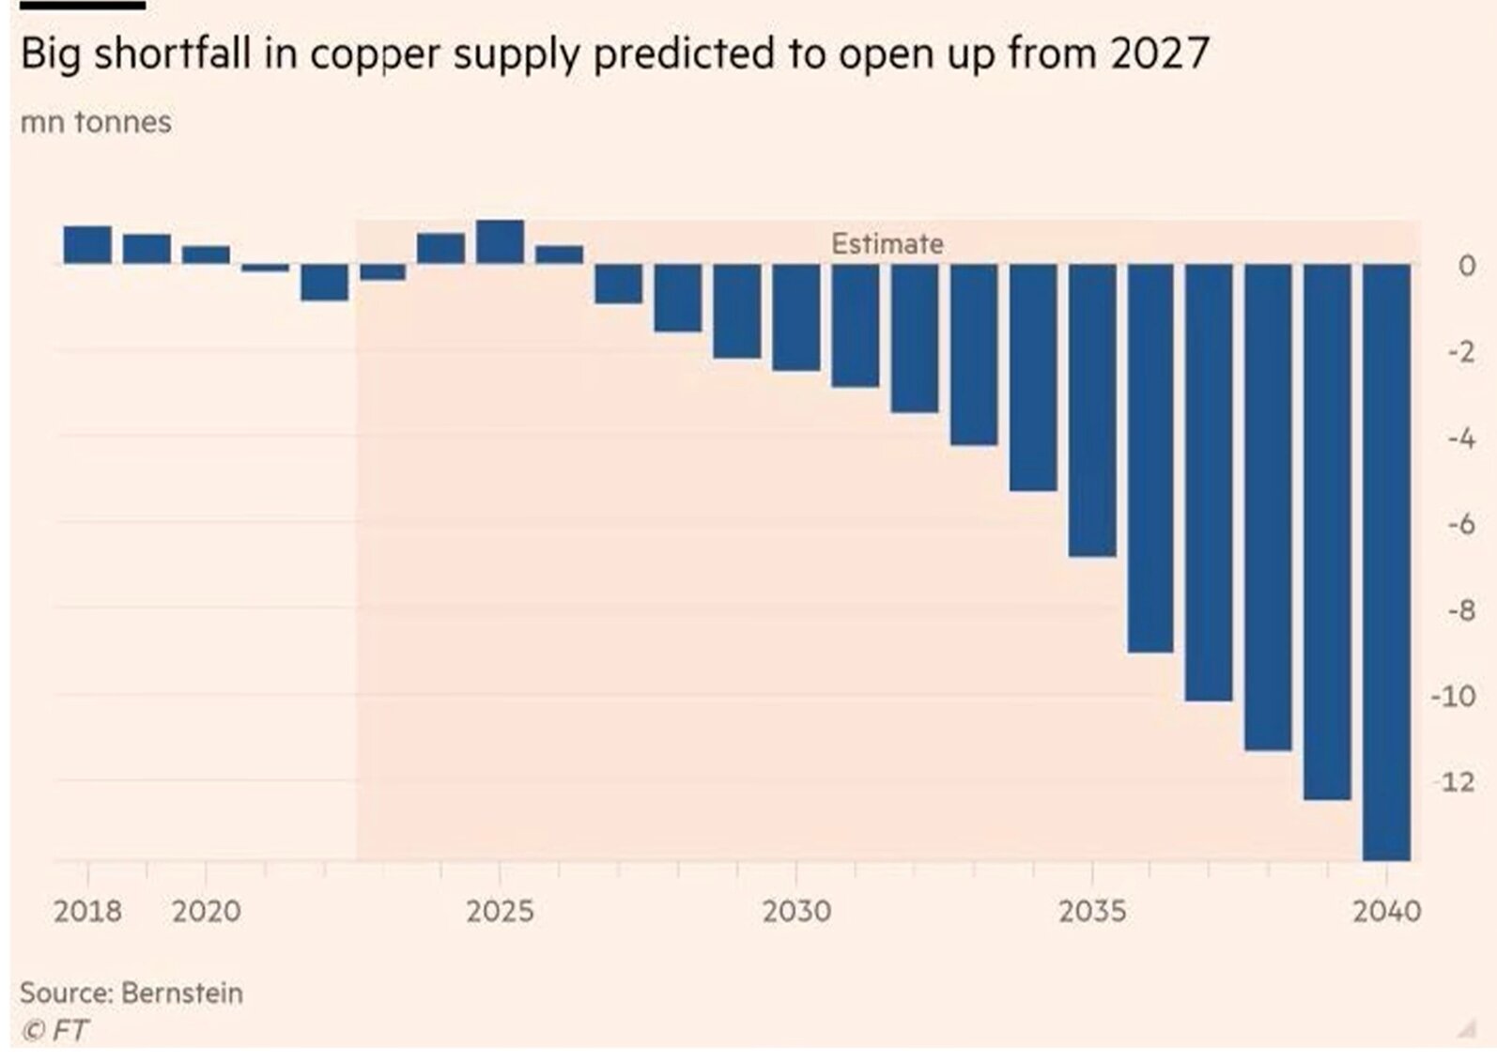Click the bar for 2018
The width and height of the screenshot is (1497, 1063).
pos(87,245)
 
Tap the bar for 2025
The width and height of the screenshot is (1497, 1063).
pos(500,242)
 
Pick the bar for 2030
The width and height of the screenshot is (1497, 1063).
pos(796,317)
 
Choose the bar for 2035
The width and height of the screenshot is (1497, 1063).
pos(1092,410)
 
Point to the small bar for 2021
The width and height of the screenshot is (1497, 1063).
pos(265,268)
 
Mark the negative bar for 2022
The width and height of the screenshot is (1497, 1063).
pos(324,282)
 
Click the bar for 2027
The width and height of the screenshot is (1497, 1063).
pos(618,284)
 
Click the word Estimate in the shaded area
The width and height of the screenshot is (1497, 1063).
pos(887,244)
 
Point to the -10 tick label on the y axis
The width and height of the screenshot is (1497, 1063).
pos(1453,697)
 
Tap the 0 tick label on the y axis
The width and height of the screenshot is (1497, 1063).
pos(1466,266)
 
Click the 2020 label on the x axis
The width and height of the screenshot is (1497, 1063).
pos(206,911)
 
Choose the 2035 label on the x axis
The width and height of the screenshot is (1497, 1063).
pos(1092,911)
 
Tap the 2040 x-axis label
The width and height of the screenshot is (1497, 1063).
pos(1386,911)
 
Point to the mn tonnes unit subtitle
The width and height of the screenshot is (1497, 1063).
pos(96,122)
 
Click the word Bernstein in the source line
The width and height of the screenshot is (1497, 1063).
pos(182,993)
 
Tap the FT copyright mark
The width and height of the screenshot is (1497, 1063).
pos(56,1030)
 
